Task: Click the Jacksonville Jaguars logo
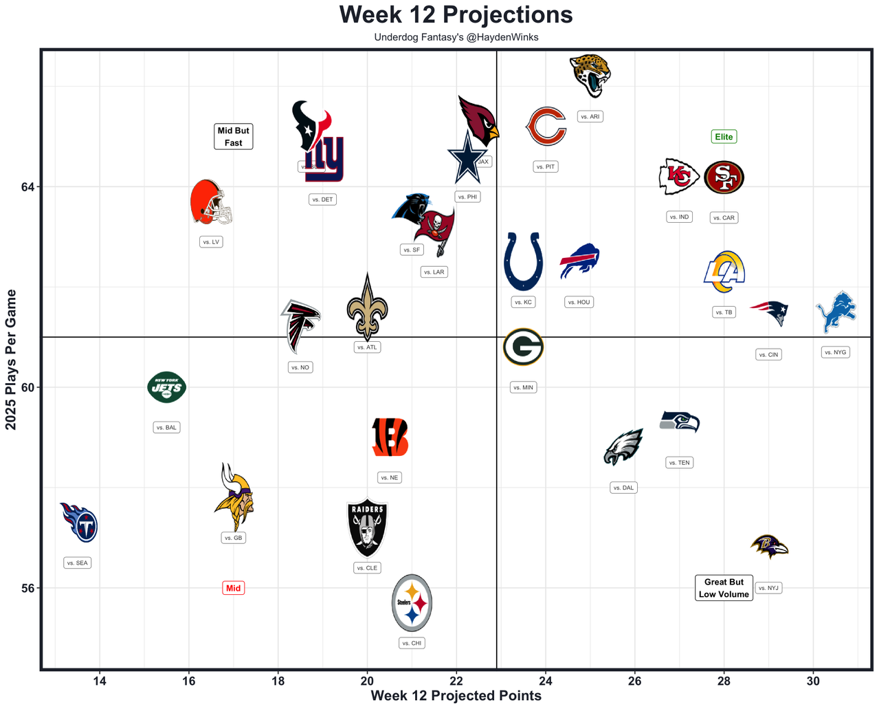tap(590, 76)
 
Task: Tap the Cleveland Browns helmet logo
tap(210, 202)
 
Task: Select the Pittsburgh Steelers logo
tap(412, 603)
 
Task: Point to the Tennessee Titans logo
tap(79, 523)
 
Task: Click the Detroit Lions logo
tap(836, 312)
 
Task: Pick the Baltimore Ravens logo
tap(769, 547)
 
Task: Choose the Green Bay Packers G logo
tap(523, 347)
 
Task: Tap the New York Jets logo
tap(166, 387)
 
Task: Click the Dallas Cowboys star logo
tap(467, 158)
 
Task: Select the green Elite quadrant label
tap(724, 137)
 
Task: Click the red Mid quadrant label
tap(233, 588)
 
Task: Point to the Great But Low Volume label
tap(724, 588)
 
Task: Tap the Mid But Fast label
tap(233, 136)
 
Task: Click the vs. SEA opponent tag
tap(78, 563)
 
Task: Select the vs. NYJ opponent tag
tap(768, 588)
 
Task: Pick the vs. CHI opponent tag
tap(412, 643)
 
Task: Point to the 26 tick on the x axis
tap(634, 681)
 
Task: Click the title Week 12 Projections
tap(456, 14)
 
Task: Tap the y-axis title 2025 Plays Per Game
tap(11, 360)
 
